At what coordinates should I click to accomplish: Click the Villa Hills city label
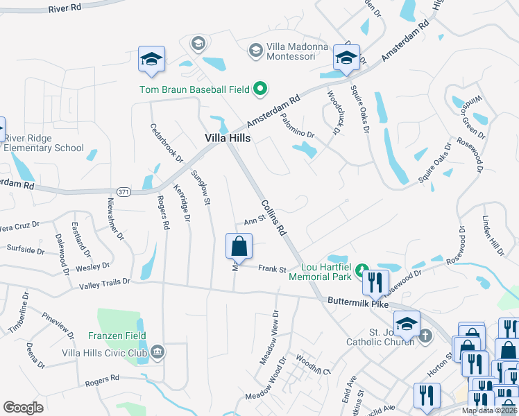[x=228, y=138]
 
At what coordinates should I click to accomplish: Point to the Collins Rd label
[x=273, y=218]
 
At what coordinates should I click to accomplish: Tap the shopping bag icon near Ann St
[x=239, y=246]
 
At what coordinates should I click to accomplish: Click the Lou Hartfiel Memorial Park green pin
[x=361, y=270]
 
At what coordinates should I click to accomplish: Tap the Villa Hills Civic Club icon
[x=158, y=352]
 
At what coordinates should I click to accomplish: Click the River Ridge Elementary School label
[x=44, y=143]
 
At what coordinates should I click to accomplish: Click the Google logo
[x=23, y=407]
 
